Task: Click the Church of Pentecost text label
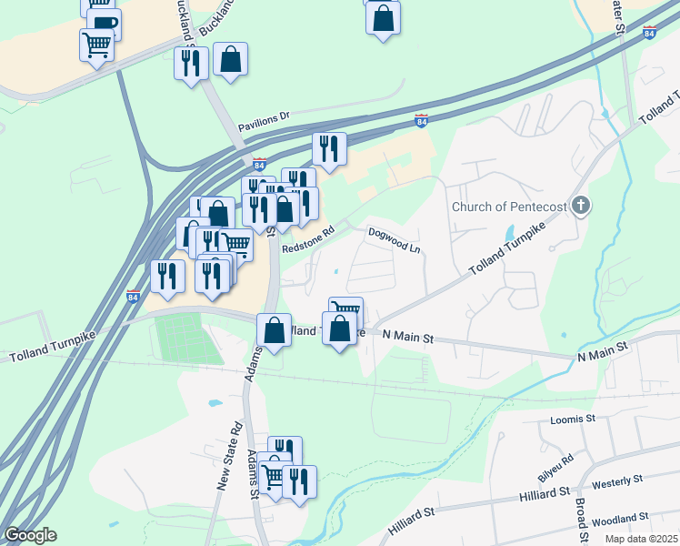coord(509,207)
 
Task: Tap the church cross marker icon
coord(579,206)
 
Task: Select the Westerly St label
coord(617,480)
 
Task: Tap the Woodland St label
coord(616,521)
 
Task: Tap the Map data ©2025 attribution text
coord(641,539)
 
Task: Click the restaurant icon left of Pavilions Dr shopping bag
coord(190,64)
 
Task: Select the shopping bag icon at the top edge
coord(383,17)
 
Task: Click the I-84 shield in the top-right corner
coord(649,33)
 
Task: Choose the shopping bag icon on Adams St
coord(274,331)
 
